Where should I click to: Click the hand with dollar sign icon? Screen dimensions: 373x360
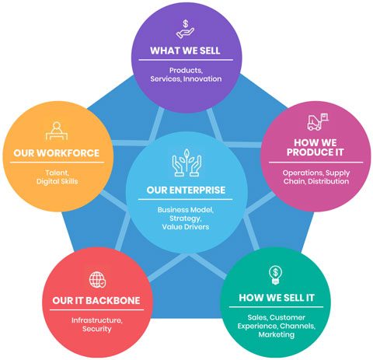tap(185, 29)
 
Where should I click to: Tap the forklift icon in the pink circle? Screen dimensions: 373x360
tap(318, 121)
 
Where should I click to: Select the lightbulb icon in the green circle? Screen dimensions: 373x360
tap(275, 275)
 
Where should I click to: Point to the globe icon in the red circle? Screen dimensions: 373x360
tap(97, 280)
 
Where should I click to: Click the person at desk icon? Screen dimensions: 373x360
tap(57, 131)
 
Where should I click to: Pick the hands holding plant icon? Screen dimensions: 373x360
tap(186, 163)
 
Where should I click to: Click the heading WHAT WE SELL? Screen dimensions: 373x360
tap(185, 51)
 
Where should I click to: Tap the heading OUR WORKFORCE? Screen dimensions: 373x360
tap(57, 153)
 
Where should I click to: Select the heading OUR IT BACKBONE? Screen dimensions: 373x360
tap(96, 300)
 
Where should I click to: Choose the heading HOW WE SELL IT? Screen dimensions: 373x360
tap(277, 298)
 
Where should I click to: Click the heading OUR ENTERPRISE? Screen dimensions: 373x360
tap(186, 190)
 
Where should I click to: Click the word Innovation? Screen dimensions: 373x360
tap(203, 79)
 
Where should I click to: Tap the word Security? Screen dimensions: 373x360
tap(97, 329)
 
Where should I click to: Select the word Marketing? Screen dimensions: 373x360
tap(277, 334)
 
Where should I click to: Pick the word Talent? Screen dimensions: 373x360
tap(58, 173)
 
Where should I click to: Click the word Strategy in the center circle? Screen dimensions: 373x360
tap(185, 218)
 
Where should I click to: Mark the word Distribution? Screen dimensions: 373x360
tap(329, 181)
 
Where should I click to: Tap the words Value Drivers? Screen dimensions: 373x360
tap(186, 227)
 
